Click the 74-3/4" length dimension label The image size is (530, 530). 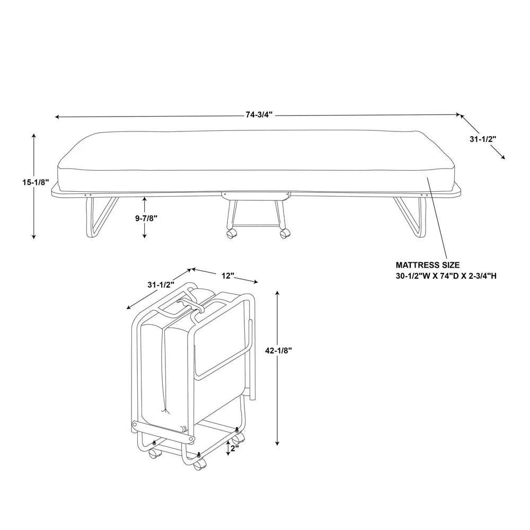click(x=259, y=115)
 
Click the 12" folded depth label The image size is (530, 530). click(x=228, y=276)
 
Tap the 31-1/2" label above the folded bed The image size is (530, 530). click(x=160, y=285)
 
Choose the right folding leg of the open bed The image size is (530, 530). click(x=411, y=217)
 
